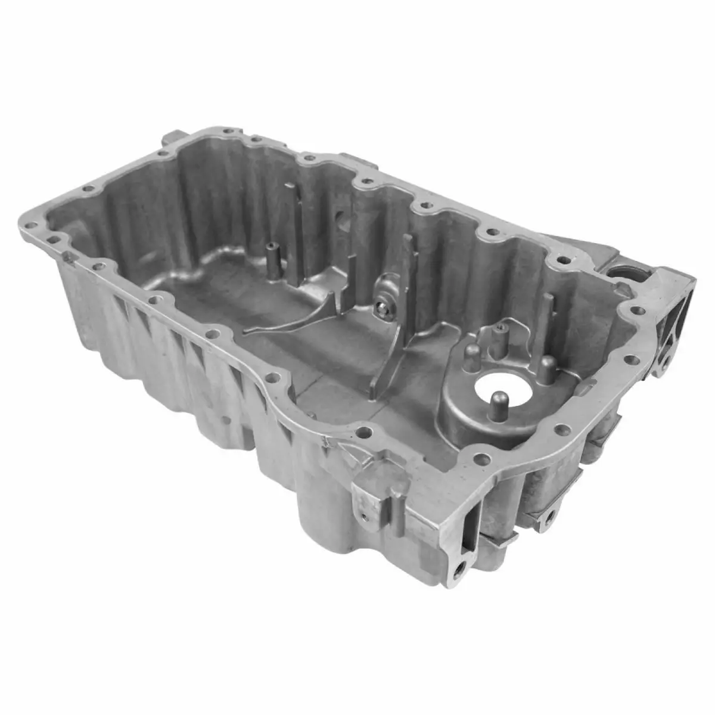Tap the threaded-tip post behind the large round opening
pos(500,334)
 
